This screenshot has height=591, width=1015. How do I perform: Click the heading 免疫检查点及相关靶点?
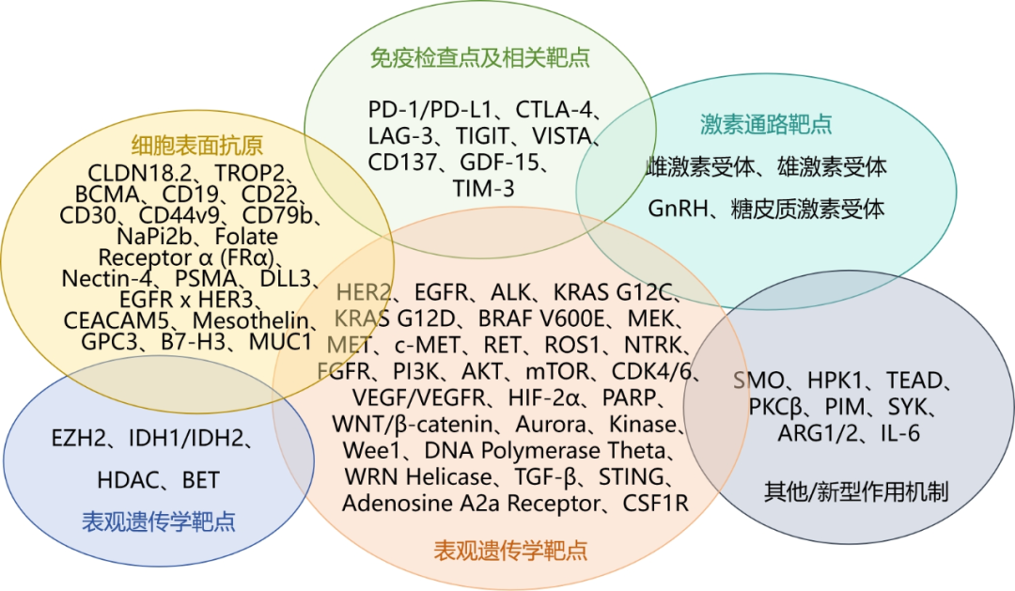tap(479, 58)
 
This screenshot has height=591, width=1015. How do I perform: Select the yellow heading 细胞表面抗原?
tap(196, 146)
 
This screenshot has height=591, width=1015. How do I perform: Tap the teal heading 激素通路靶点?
tap(766, 124)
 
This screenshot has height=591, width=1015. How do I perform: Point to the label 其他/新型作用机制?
tap(855, 490)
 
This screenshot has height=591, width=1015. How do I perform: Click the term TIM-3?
tap(483, 189)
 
